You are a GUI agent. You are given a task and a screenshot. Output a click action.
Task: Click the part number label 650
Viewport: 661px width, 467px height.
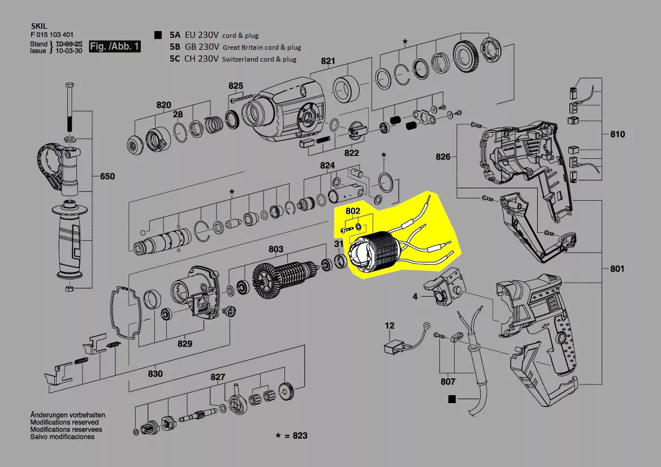pyautogui.click(x=107, y=176)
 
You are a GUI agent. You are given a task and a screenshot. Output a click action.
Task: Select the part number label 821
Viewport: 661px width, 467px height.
pyautogui.click(x=329, y=61)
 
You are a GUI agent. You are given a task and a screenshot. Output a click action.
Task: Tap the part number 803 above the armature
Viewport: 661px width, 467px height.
pyautogui.click(x=276, y=249)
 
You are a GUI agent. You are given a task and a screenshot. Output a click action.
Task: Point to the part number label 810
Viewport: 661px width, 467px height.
pyautogui.click(x=617, y=135)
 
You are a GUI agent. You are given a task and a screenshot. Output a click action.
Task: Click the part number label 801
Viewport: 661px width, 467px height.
pyautogui.click(x=617, y=269)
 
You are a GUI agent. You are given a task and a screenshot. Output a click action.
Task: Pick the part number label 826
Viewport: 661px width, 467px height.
pyautogui.click(x=443, y=157)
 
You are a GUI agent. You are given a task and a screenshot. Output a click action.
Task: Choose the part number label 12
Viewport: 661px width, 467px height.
pyautogui.click(x=390, y=326)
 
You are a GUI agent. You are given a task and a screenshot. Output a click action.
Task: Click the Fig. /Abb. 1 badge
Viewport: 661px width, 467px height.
pyautogui.click(x=115, y=46)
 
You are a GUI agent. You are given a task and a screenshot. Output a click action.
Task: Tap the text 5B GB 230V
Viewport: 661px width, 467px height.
pyautogui.click(x=195, y=47)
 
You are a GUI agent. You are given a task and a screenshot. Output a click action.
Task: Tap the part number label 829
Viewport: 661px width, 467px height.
pyautogui.click(x=185, y=344)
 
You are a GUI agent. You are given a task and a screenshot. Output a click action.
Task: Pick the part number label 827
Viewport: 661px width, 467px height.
pyautogui.click(x=218, y=377)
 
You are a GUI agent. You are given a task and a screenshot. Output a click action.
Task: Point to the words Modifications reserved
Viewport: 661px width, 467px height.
pyautogui.click(x=64, y=422)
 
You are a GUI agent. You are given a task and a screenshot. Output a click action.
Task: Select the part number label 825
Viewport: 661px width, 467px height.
pyautogui.click(x=236, y=86)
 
